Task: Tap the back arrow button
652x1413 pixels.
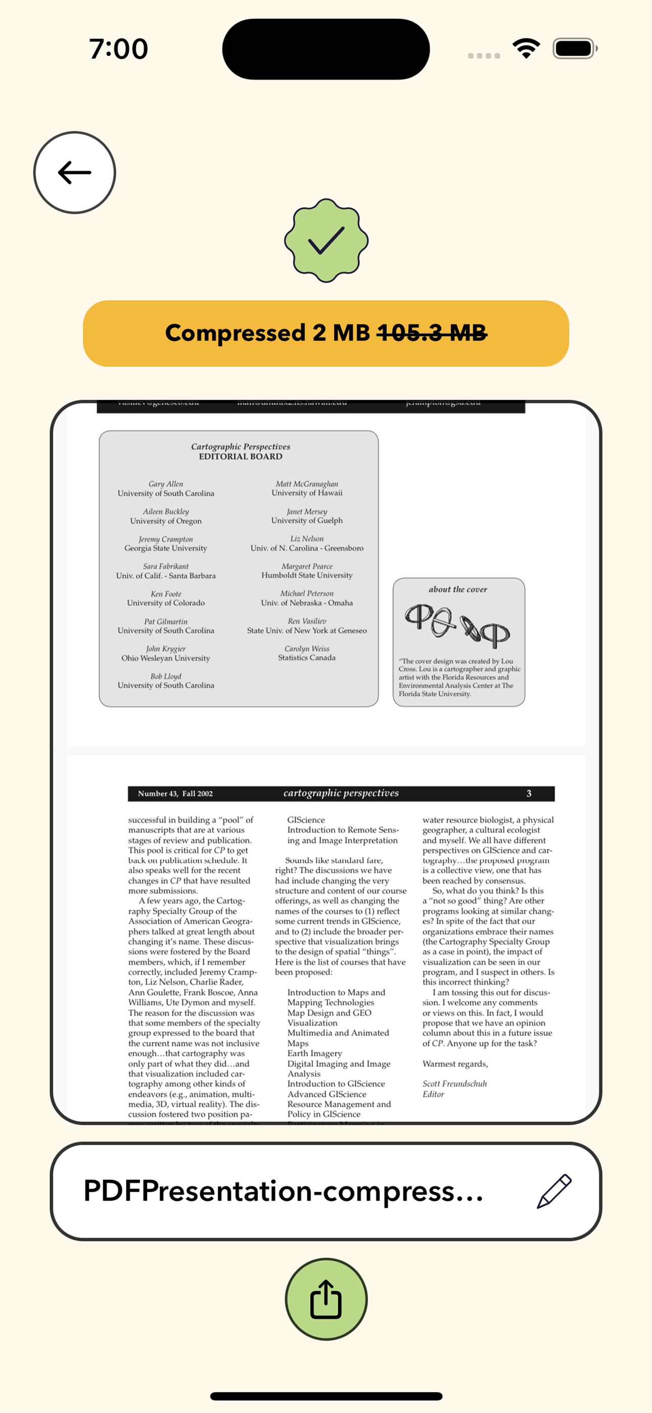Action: click(75, 172)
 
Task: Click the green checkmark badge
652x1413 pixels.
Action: click(326, 241)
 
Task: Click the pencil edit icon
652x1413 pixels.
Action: click(554, 1191)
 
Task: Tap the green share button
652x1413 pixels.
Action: click(326, 1298)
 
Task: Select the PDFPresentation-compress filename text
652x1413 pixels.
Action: click(283, 1191)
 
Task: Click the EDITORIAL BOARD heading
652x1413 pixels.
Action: click(241, 456)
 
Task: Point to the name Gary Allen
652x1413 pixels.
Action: click(166, 484)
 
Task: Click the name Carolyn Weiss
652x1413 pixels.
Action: click(307, 648)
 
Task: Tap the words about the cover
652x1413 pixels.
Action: click(458, 589)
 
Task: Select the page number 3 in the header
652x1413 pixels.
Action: click(529, 793)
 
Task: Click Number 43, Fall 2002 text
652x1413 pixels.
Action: click(175, 793)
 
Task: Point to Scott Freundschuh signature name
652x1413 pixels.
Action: click(454, 1084)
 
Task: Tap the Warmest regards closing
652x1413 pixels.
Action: click(455, 1064)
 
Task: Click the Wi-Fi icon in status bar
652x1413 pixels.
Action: click(526, 49)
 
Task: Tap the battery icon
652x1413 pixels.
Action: click(574, 49)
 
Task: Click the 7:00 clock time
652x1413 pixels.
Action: click(119, 49)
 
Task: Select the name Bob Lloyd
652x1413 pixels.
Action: click(166, 676)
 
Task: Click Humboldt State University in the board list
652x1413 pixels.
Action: click(307, 575)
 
